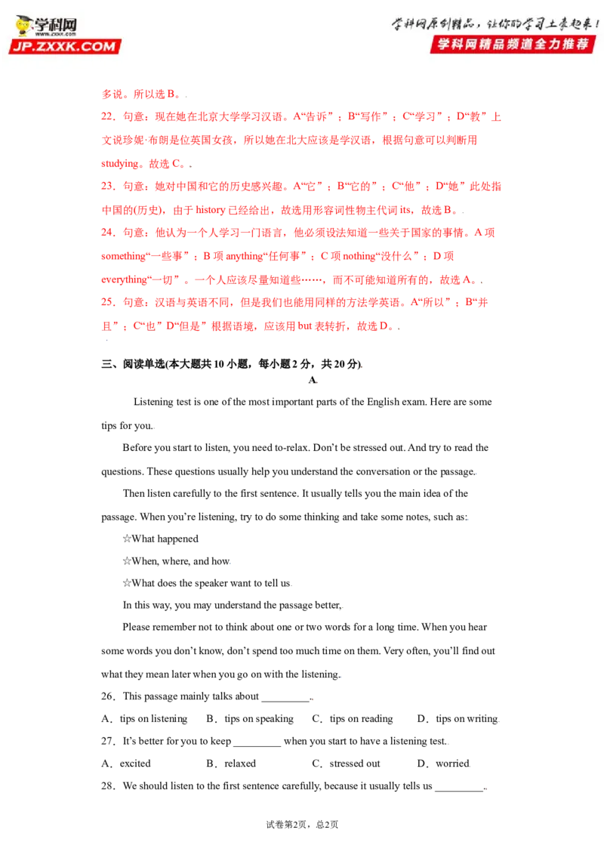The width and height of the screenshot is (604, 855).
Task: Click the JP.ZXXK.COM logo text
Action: point(64,47)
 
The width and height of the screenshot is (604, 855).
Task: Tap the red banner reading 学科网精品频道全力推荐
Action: point(513,44)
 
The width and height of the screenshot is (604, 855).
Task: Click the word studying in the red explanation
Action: point(120,164)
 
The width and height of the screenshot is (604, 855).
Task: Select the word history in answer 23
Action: point(211,210)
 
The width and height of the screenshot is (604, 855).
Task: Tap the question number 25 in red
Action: point(107,302)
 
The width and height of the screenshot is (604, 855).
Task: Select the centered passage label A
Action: point(313,380)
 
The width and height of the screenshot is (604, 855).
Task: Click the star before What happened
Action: point(127,539)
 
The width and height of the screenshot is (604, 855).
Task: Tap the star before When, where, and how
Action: point(127,561)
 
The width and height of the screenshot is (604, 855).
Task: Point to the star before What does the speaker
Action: point(127,583)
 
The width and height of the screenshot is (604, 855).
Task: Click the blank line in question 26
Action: point(285,700)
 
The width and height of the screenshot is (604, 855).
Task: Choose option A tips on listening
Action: point(144,719)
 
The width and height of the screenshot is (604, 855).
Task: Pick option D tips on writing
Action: point(458,719)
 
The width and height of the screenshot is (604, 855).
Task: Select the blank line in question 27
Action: point(257,745)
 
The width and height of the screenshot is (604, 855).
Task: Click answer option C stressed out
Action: point(346,764)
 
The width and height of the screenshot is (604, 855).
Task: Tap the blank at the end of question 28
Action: point(459,789)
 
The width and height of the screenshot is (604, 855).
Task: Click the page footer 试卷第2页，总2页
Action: point(302,825)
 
